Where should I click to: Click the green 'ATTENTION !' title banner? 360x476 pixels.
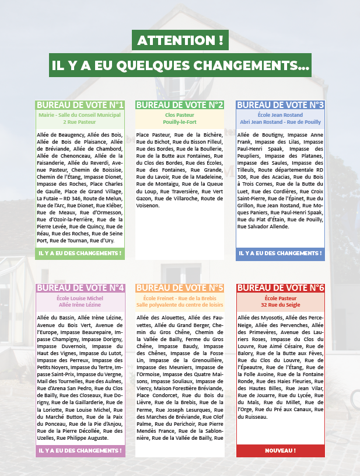[180, 41]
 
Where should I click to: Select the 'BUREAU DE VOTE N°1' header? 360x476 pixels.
[80, 105]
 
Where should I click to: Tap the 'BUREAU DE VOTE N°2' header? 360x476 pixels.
[180, 105]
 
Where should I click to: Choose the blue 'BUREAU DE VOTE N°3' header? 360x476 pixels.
[280, 105]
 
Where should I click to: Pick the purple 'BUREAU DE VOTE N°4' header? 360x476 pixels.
[80, 288]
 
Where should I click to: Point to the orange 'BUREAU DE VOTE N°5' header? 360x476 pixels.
[180, 288]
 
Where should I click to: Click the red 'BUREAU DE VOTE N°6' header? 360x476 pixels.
[280, 288]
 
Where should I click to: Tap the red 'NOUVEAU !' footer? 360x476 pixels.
[280, 451]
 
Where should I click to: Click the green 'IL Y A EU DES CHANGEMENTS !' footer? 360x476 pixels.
[80, 253]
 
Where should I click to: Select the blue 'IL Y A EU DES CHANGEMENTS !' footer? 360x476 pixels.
[280, 253]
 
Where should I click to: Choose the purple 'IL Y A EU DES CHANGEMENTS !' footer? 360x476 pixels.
[80, 451]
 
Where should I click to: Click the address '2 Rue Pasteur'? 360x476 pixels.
[80, 122]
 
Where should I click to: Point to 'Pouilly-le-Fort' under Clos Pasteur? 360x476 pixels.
[180, 122]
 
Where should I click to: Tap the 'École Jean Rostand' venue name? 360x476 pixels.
[280, 115]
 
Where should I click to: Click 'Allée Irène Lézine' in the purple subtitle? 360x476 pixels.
[80, 305]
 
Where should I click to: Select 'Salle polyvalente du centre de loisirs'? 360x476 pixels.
[180, 305]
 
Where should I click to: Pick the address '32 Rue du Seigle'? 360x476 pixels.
[280, 305]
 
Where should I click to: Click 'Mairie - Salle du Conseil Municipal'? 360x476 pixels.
[80, 115]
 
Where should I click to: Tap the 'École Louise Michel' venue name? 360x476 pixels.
[80, 298]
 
